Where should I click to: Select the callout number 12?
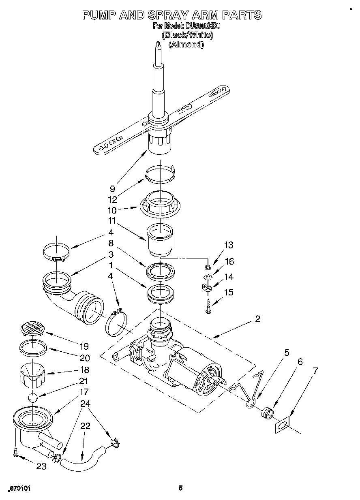point(113,199)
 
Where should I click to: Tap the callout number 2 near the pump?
point(257,319)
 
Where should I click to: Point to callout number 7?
point(315,370)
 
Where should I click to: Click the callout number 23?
point(41,466)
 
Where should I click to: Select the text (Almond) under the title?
point(186,45)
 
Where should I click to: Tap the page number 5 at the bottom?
point(181,488)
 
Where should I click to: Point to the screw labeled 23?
point(15,453)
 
